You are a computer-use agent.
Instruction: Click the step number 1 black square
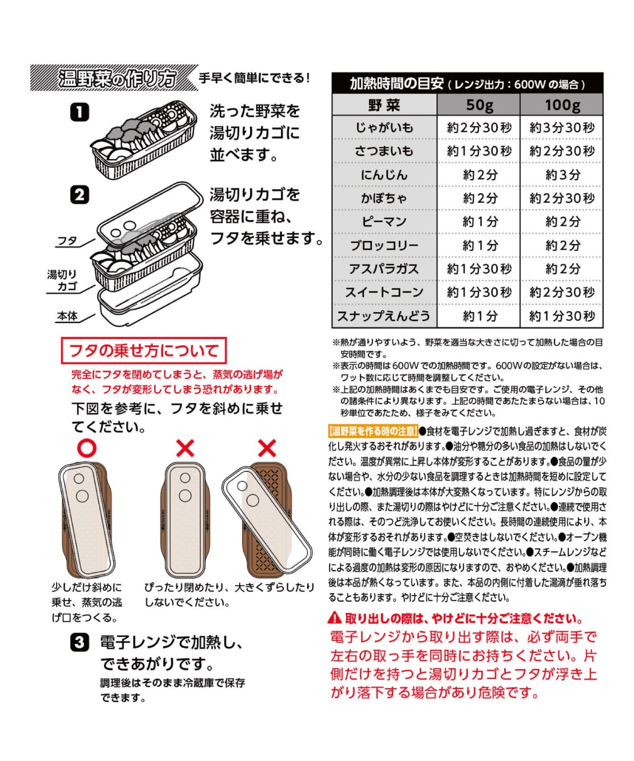click(79, 112)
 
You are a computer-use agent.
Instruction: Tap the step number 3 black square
click(79, 643)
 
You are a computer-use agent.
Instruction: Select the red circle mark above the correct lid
click(87, 448)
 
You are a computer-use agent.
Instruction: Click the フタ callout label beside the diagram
click(68, 241)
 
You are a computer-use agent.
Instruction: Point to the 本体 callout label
click(67, 316)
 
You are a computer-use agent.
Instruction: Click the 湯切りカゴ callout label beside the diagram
click(62, 280)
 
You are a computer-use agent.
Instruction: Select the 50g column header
click(479, 105)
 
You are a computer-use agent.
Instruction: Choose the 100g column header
click(562, 105)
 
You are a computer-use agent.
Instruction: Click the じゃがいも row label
click(384, 127)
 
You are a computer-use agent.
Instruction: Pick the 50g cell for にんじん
click(479, 175)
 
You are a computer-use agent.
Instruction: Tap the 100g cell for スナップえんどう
click(562, 316)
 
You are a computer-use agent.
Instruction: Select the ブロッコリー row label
click(384, 245)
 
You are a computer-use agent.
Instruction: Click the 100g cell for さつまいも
click(562, 151)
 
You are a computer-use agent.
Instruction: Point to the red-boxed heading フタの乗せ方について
click(144, 351)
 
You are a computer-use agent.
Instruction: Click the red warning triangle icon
click(335, 618)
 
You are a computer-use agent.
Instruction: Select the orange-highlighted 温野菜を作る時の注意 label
click(373, 431)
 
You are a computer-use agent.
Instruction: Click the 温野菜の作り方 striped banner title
click(117, 78)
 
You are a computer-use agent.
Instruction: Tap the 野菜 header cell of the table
click(384, 105)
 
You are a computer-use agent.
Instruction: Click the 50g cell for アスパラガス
click(479, 269)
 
